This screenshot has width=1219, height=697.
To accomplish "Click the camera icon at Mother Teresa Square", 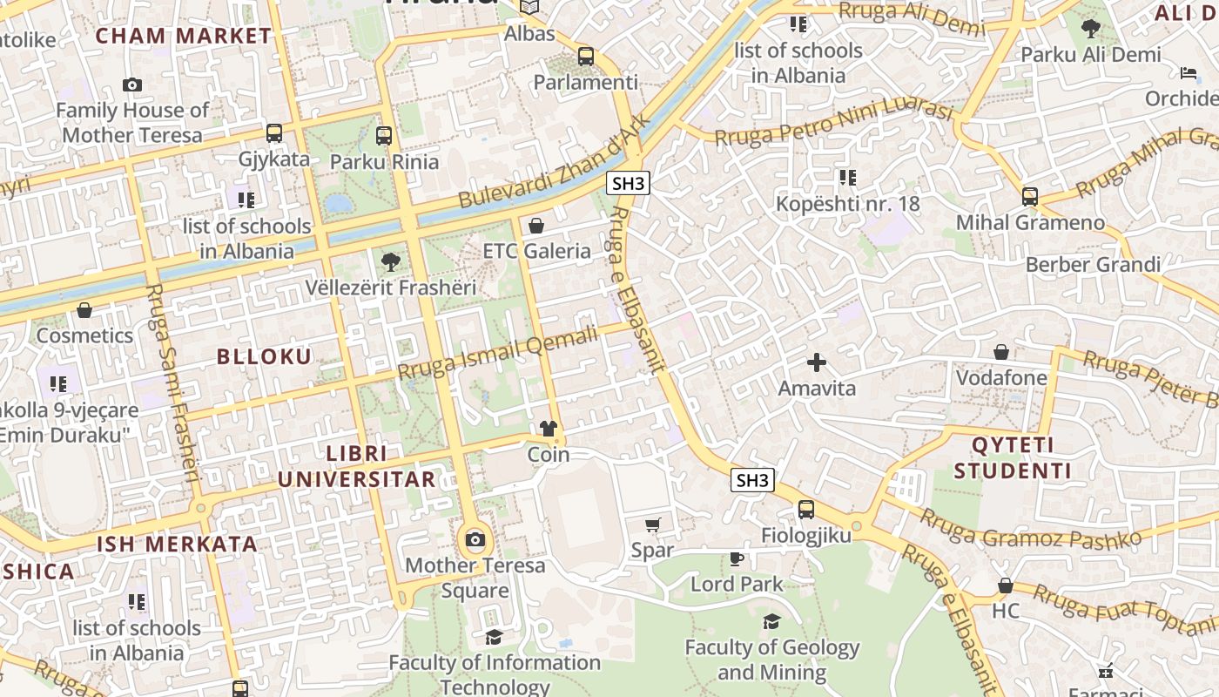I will coord(475,540).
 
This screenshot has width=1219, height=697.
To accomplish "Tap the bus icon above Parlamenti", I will coord(586,57).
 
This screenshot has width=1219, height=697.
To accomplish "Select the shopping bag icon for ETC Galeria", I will coord(536,226).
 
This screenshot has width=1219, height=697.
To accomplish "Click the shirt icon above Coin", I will coord(549,428).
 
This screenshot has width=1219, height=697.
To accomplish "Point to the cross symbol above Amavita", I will coord(817,362).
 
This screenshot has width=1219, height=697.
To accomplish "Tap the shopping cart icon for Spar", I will coord(653,524).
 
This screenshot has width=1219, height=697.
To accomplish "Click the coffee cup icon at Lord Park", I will coord(737,558).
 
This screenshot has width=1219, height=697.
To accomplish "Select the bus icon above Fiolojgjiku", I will coord(806,510).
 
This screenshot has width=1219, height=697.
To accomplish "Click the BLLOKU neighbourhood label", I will coord(264,356).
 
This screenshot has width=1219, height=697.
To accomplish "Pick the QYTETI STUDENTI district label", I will coord(1013,458).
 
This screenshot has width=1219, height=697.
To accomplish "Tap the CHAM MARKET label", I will coord(184,36).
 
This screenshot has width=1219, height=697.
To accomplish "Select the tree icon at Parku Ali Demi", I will coord(1090,29).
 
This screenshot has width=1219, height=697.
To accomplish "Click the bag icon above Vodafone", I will coord(1001,352).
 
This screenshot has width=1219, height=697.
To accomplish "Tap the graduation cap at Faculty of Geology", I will coord(771,621).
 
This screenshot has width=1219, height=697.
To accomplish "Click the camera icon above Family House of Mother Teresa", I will coord(132,85).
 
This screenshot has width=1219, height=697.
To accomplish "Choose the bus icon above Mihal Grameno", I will coord(1030,196).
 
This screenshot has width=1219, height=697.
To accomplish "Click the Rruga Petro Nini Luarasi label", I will coord(833,124).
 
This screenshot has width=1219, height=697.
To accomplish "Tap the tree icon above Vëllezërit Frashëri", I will coord(391,261).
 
